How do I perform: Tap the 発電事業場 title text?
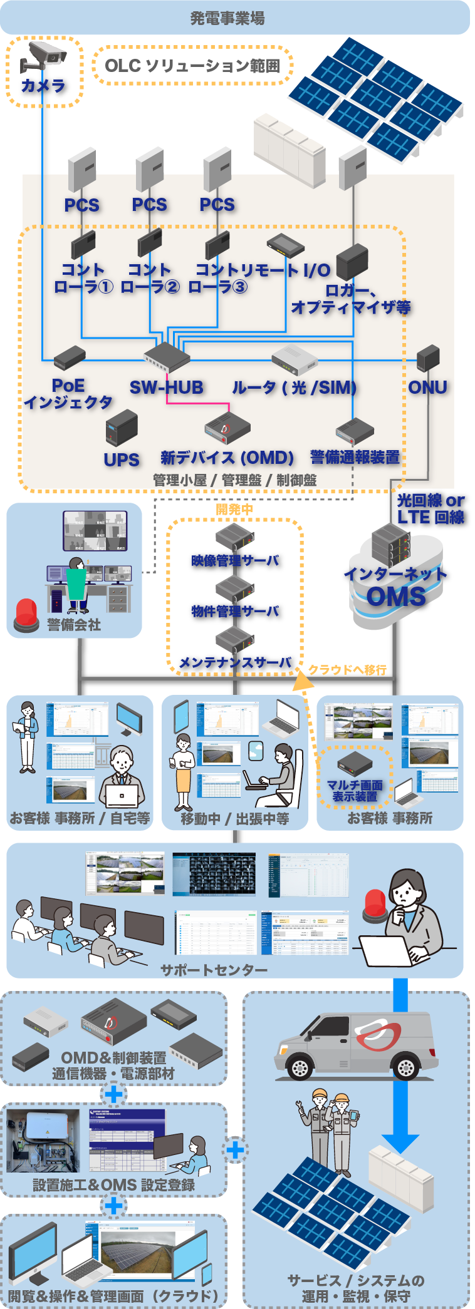(227, 18)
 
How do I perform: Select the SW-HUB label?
(166, 388)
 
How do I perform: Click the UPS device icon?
(122, 427)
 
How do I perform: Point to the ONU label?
(427, 388)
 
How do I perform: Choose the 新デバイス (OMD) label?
(227, 458)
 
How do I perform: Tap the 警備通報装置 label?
(355, 458)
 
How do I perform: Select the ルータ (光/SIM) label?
(294, 388)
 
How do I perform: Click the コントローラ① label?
(83, 279)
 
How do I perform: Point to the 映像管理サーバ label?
(234, 560)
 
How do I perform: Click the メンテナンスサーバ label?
(234, 662)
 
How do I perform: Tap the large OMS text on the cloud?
(396, 597)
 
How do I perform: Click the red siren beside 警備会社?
(26, 613)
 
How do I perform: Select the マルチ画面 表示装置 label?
(355, 791)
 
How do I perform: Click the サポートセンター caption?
(214, 970)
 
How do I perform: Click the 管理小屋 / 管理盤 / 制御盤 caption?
(235, 480)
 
